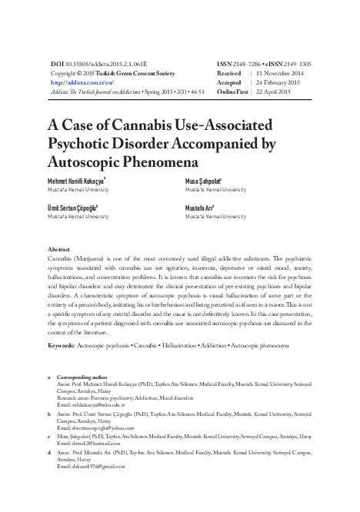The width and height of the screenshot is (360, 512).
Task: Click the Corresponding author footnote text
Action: tap(82, 377)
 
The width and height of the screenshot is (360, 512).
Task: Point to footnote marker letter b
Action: tap(50, 412)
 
